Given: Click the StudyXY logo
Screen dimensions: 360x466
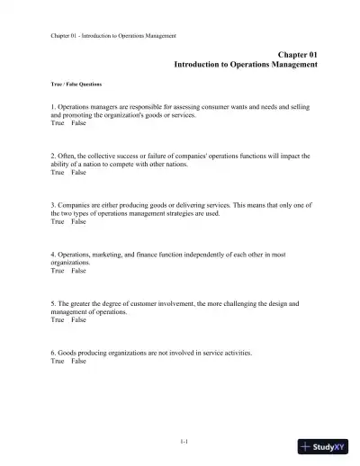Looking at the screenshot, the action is (324, 446).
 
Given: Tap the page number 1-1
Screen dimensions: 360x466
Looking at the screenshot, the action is (184, 440).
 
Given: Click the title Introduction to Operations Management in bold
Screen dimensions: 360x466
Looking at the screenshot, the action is (246, 65).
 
